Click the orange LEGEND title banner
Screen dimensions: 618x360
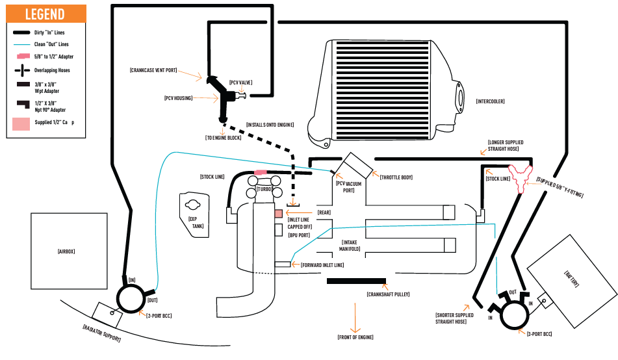coord(46,14)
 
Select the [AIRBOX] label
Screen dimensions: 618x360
coord(66,251)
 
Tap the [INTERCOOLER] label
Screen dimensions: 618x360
coord(490,101)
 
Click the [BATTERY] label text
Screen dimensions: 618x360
coord(571,279)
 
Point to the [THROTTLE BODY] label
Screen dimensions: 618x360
coord(396,177)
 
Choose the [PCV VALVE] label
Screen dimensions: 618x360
coord(241,83)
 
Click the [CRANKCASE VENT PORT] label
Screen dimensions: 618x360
coord(153,70)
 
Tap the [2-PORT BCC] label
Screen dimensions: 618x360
coord(159,315)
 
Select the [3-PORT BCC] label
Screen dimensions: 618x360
coord(539,334)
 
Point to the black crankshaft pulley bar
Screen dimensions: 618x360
coord(356,281)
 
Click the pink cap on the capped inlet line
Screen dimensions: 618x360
coord(278,214)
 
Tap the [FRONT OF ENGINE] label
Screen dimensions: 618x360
coord(355,337)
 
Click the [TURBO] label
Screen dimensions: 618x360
coord(264,189)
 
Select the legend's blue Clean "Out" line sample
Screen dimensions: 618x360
coord(21,44)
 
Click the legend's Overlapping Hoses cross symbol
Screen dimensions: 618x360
coord(23,70)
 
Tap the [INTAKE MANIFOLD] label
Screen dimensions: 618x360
coord(350,246)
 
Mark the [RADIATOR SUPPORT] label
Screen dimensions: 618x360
coord(101,333)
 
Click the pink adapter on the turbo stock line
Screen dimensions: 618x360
coord(260,172)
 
